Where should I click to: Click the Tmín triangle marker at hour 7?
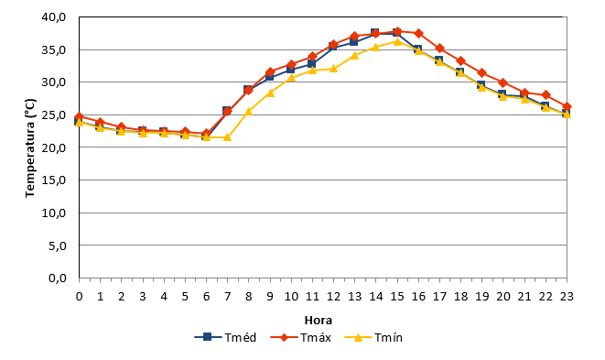tap(227, 137)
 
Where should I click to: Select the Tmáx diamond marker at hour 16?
tap(418, 34)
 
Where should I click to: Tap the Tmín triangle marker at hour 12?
tap(334, 69)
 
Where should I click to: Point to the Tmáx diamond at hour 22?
tap(546, 95)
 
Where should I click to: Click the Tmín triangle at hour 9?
tap(270, 93)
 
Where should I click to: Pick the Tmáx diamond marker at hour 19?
tap(482, 73)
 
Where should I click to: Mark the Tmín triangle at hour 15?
tap(397, 41)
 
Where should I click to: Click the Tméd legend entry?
tap(226, 338)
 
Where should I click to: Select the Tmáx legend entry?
tap(301, 338)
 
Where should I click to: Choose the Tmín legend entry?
tap(373, 338)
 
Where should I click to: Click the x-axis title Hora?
tap(319, 321)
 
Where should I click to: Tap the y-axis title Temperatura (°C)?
tap(30, 148)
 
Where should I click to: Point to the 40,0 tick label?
tap(54, 17)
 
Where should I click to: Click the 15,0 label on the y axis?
tap(54, 180)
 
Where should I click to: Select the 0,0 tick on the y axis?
tap(57, 278)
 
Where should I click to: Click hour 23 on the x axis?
tap(567, 297)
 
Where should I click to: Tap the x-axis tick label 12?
tap(334, 297)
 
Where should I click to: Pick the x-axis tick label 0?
tap(79, 297)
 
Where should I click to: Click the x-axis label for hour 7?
tap(227, 297)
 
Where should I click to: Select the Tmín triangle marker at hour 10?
tap(291, 78)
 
